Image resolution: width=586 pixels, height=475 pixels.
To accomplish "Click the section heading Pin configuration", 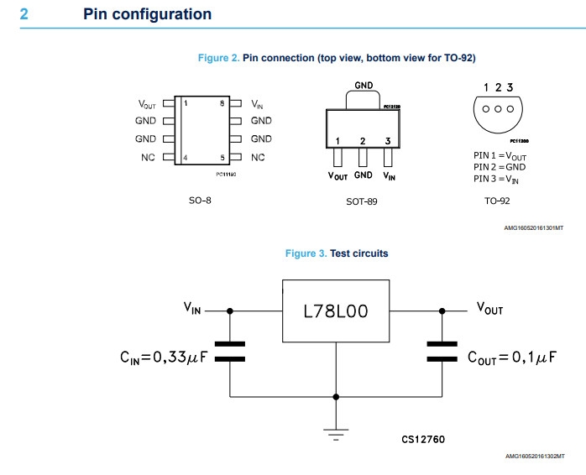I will click(147, 14).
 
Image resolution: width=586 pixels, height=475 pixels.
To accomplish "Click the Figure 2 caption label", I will click(218, 58).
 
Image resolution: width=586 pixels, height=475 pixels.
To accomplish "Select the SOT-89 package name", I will click(363, 201).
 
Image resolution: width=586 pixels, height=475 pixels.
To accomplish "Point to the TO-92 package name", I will click(497, 201).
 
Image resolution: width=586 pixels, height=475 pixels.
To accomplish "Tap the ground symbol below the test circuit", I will click(336, 433).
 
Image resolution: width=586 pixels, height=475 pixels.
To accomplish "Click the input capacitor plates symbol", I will click(230, 351).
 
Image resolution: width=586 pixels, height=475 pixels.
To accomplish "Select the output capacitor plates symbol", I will click(442, 351).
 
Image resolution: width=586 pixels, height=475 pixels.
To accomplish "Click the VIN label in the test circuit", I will click(192, 309).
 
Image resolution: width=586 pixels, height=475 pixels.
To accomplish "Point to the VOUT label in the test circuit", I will click(489, 309).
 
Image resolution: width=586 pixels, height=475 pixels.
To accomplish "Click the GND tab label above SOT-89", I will click(364, 86).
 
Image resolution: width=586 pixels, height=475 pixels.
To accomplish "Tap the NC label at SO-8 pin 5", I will click(258, 157).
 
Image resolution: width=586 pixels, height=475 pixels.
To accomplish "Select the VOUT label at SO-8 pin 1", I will click(147, 104).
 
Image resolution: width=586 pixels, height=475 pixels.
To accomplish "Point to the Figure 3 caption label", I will click(306, 253).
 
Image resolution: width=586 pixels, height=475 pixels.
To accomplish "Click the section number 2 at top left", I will click(24, 14).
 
